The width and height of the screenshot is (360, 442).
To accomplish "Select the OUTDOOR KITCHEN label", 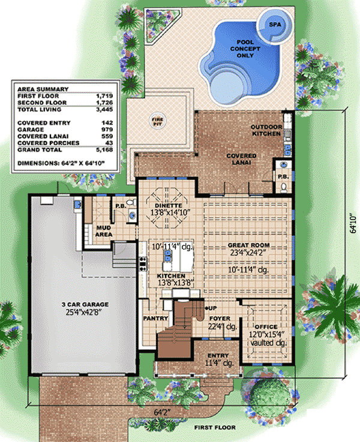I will pyautogui.click(x=265, y=130).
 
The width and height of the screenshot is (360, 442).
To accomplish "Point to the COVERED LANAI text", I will pyautogui.click(x=241, y=159).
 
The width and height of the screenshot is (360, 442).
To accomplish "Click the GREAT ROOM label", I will pyautogui.click(x=248, y=245).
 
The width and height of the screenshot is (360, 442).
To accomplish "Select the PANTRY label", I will pyautogui.click(x=154, y=318).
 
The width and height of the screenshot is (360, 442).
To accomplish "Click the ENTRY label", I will pyautogui.click(x=214, y=354).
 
